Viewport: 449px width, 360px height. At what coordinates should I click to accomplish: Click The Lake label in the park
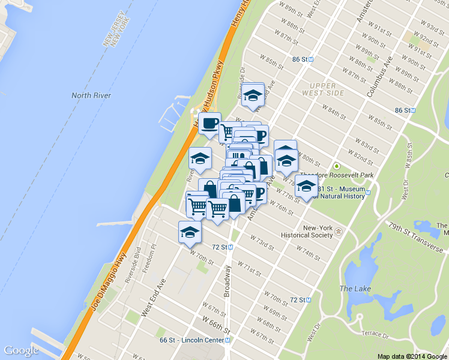click(x=355, y=289)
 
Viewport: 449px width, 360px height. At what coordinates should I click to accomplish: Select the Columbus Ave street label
click(x=379, y=77)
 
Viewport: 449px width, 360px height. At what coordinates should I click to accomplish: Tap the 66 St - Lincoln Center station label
click(x=191, y=340)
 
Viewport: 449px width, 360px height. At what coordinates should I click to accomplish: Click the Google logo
click(x=21, y=350)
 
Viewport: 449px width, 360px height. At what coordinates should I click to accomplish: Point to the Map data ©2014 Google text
click(x=412, y=356)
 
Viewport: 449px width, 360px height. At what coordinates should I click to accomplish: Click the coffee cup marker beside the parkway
click(x=209, y=123)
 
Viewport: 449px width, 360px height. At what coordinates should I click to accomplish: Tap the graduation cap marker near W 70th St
click(x=190, y=232)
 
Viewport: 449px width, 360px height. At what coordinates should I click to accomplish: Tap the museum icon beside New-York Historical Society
click(x=338, y=231)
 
